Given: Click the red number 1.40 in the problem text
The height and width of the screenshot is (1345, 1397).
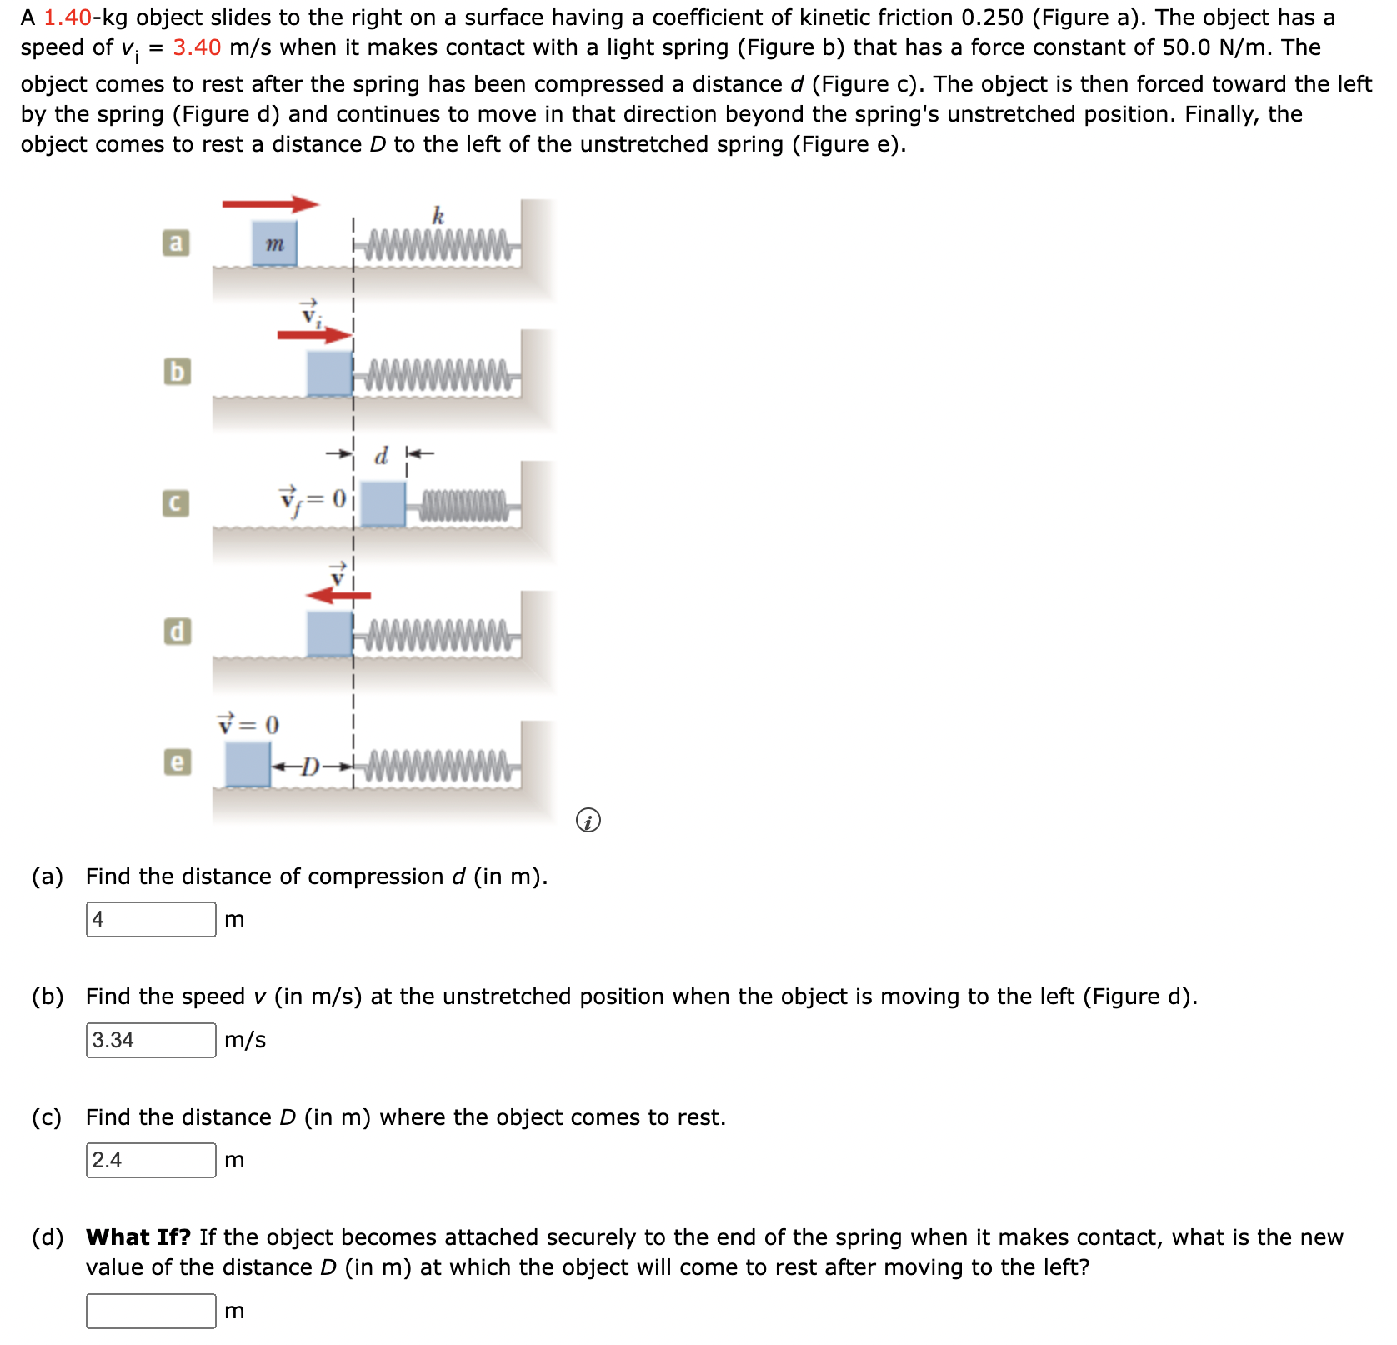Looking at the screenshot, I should click(67, 17).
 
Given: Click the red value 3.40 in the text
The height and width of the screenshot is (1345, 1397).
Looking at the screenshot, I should click(197, 47).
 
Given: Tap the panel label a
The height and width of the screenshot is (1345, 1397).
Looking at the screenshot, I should click(175, 242).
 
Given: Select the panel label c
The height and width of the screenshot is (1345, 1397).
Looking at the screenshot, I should click(175, 503).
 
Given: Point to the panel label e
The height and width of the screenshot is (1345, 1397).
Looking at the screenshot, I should click(176, 762).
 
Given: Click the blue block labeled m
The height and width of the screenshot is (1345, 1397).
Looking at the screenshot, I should click(274, 243).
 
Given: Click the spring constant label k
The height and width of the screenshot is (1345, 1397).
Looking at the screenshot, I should click(438, 217).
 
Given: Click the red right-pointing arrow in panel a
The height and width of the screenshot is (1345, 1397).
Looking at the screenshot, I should click(270, 204).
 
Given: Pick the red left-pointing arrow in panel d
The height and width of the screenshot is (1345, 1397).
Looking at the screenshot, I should click(338, 595).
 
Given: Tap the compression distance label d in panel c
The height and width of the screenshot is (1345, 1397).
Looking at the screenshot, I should click(382, 456).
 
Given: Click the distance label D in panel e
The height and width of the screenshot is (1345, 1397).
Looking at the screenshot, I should click(310, 766).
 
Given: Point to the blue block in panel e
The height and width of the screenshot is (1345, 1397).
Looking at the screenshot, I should click(248, 764).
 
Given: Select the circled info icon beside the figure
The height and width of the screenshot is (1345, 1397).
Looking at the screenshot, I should click(588, 821).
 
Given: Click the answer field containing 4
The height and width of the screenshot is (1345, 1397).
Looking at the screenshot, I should click(151, 919).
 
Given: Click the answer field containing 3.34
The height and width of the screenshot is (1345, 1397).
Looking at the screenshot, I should click(151, 1040).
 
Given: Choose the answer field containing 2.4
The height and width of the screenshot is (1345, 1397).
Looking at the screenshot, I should click(151, 1160).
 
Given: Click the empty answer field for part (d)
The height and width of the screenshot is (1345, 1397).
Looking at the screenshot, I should click(151, 1311).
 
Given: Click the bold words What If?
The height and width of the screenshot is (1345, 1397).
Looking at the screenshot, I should click(138, 1237).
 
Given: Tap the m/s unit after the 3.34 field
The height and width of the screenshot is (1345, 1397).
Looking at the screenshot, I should click(245, 1040).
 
